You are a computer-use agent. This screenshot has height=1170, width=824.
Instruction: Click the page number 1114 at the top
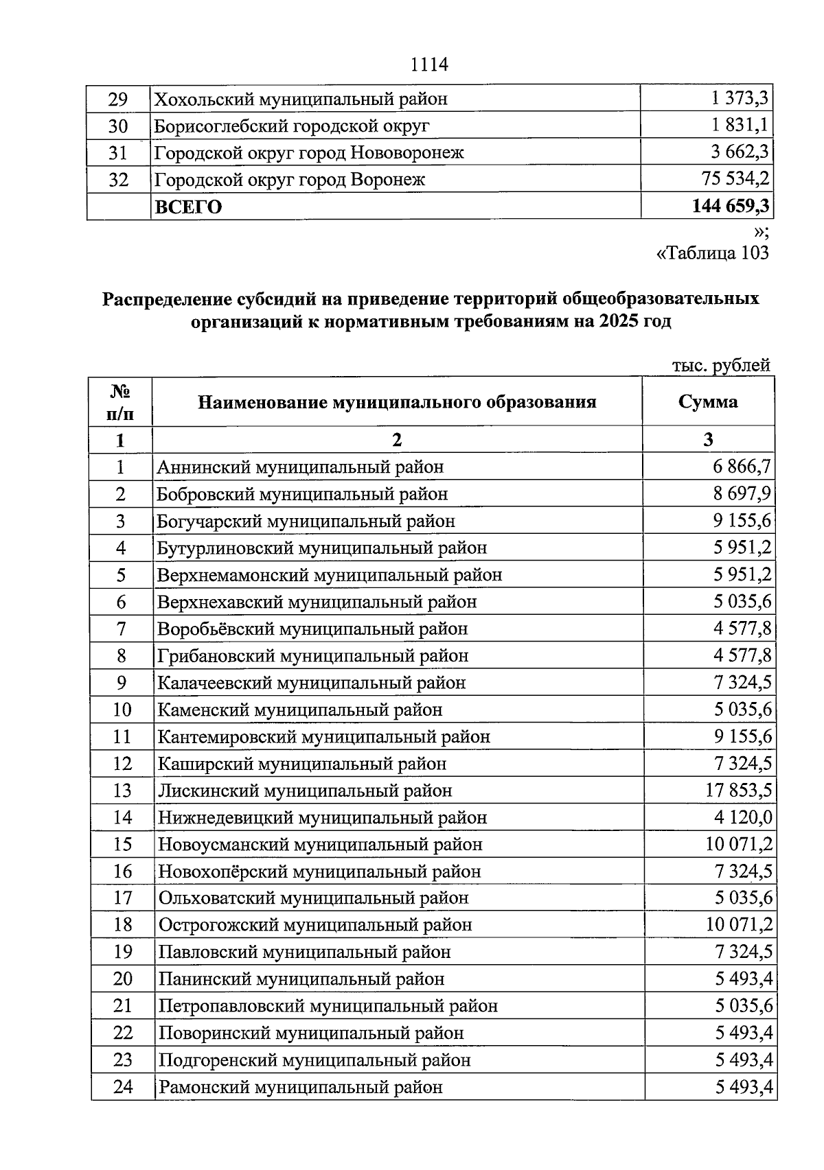click(x=429, y=65)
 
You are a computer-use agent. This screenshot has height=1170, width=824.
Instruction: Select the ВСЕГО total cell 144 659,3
click(x=731, y=206)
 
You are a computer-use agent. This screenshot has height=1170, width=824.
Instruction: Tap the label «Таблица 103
click(x=713, y=253)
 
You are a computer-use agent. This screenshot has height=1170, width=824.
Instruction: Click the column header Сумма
click(x=708, y=401)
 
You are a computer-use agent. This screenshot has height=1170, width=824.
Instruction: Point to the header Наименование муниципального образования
click(x=397, y=401)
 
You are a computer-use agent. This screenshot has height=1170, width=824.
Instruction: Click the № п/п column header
click(x=120, y=402)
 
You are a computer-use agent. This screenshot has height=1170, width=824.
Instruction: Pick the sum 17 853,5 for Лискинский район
click(x=738, y=791)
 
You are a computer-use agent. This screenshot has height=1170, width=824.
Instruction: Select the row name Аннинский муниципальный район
click(x=300, y=467)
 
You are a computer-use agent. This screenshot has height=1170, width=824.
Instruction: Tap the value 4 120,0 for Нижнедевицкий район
click(x=742, y=817)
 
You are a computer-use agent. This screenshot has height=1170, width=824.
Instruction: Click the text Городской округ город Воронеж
click(x=290, y=180)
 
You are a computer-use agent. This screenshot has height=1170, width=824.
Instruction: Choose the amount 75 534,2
click(x=735, y=179)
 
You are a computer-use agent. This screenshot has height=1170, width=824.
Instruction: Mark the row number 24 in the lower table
click(x=122, y=1087)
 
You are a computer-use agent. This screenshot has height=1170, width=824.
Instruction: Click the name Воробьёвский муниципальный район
click(x=312, y=629)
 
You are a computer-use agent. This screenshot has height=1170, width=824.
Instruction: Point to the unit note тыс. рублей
click(x=721, y=365)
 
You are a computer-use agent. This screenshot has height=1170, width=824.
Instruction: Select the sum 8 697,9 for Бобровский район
click(x=742, y=494)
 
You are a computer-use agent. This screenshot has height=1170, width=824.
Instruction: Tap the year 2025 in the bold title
click(x=618, y=321)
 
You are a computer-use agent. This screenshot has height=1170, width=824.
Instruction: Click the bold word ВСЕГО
click(x=189, y=207)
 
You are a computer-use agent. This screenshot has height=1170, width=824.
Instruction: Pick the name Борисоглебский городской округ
click(x=292, y=126)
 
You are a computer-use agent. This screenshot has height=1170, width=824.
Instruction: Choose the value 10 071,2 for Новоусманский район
click(x=738, y=844)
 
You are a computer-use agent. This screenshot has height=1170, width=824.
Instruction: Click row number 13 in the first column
click(x=122, y=791)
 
